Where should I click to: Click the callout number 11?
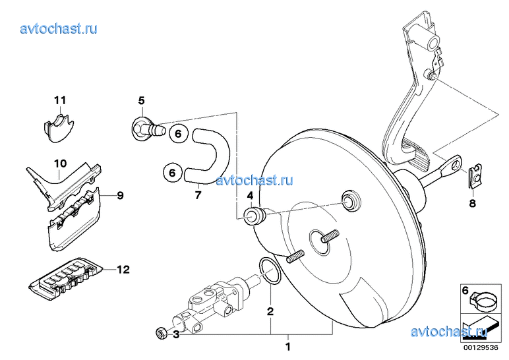coord(60,100)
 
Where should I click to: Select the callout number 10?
coord(60,164)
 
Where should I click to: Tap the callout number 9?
coord(120,195)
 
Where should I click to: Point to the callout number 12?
coord(123,270)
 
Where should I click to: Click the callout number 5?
coord(141,101)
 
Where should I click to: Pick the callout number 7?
coord(198,195)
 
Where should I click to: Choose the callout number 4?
coord(250,196)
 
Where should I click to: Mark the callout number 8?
coord(472,204)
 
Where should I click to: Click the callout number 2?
coord(270,312)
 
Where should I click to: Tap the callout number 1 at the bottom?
coord(287,347)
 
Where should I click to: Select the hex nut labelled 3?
coord(162,333)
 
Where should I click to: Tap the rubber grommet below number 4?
coord(255,215)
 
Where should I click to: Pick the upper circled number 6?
coord(178,133)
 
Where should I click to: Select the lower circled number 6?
coord(172,172)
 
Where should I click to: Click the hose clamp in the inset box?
coord(482,301)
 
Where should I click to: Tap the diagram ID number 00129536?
coord(481,347)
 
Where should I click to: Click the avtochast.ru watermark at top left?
coord(59,28)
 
